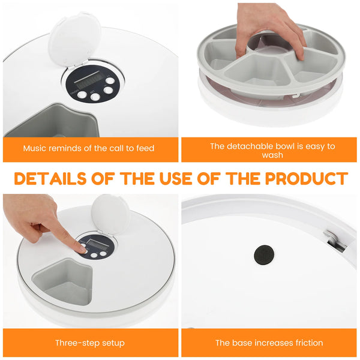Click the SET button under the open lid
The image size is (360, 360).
108,90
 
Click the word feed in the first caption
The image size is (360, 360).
143,148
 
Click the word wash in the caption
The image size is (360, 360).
272,155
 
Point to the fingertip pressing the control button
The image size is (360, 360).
79,247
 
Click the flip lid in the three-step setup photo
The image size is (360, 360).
110,213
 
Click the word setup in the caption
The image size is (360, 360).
113,343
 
